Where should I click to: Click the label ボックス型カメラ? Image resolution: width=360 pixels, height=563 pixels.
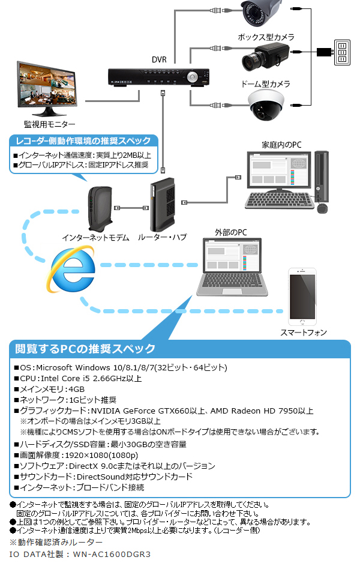point(266,37)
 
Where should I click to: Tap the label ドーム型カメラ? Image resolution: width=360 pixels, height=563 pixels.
point(266,83)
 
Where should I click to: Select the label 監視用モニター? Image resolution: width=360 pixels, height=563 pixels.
point(50,124)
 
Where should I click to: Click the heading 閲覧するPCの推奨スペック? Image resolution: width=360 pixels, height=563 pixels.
point(85,349)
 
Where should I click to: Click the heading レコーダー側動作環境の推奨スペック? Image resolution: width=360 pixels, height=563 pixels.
point(83,141)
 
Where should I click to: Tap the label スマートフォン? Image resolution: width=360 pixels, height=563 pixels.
point(304,332)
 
